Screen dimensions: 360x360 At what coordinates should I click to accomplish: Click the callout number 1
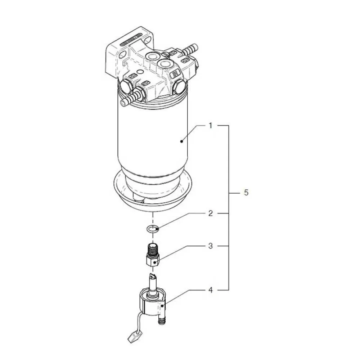pos(210,126)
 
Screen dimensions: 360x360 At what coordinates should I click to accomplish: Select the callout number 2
pos(210,213)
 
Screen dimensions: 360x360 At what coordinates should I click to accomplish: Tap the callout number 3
pos(210,246)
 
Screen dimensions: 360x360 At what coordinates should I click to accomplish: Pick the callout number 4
pos(210,290)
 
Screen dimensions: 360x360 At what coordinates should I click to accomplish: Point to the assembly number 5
pos(246,192)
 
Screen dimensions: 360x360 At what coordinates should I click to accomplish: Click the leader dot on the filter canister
pos(181,141)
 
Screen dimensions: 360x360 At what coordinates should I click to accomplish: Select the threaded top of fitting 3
pos(152,249)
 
